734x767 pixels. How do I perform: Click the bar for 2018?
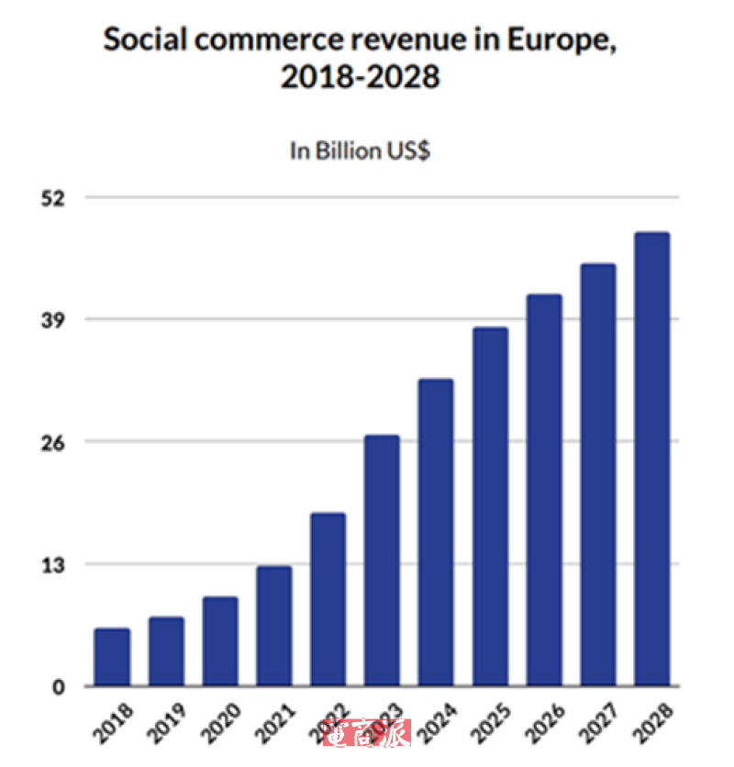[x=112, y=657]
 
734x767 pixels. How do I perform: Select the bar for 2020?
[x=220, y=641]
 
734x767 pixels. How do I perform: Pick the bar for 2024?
[x=436, y=532]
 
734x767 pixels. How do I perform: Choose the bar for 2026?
[x=544, y=490]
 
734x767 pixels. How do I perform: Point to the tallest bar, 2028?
[x=652, y=459]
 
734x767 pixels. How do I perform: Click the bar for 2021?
[x=274, y=626]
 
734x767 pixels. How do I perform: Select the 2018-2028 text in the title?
[x=361, y=79]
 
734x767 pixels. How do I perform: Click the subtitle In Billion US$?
[x=361, y=151]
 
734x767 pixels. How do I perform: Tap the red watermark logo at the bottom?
[x=367, y=731]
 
